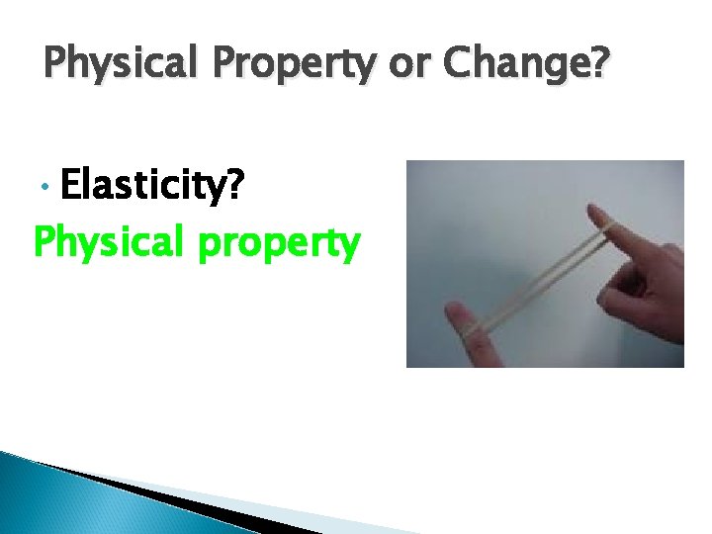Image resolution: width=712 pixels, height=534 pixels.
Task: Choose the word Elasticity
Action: pyautogui.click(x=149, y=186)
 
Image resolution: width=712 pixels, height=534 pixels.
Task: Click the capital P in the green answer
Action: pyautogui.click(x=46, y=240)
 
